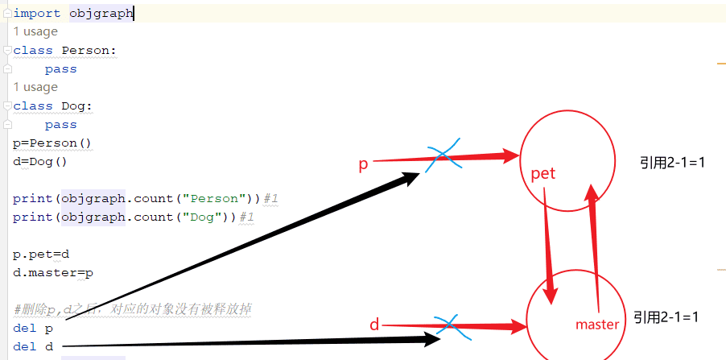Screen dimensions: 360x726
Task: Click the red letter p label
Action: [x=363, y=164]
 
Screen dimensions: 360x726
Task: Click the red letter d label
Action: [x=373, y=325]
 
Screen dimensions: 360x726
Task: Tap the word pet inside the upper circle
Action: [x=543, y=173]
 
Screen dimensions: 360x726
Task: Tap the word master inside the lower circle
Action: [x=597, y=325]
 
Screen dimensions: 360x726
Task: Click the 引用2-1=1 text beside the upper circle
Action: [x=672, y=163]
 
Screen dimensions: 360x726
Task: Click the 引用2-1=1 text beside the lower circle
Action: [x=665, y=317]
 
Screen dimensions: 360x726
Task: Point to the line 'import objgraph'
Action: [x=73, y=13]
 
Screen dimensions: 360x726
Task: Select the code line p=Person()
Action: [x=52, y=143]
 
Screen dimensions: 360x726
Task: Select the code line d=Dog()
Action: [x=40, y=161]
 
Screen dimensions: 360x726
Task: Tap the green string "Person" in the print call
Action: [x=211, y=198]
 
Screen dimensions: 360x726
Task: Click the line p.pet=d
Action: [x=41, y=254]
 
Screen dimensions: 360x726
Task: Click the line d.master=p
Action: [x=53, y=272]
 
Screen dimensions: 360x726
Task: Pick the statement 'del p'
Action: [x=33, y=328]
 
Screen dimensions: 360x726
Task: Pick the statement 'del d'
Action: [x=33, y=346]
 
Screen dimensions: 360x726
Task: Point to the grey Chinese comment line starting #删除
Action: [x=133, y=309]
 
